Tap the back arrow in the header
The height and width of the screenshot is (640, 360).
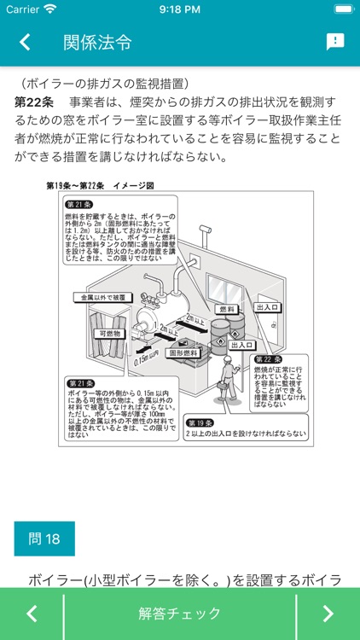(x=25, y=42)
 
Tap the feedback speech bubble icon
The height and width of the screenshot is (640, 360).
(x=335, y=42)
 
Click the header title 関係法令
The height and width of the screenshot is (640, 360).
(x=98, y=42)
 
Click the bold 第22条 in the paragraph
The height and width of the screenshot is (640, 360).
(x=35, y=102)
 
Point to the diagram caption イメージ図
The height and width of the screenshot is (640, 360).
(x=132, y=185)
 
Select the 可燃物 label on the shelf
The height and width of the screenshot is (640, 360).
(x=112, y=334)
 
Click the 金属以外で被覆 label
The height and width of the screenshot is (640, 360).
(x=102, y=297)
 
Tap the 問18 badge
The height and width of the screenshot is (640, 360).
(x=44, y=538)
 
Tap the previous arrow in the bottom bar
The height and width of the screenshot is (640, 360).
(x=32, y=614)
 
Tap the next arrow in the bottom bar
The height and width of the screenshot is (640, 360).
(x=328, y=614)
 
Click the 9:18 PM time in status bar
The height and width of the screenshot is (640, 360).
(x=179, y=9)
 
